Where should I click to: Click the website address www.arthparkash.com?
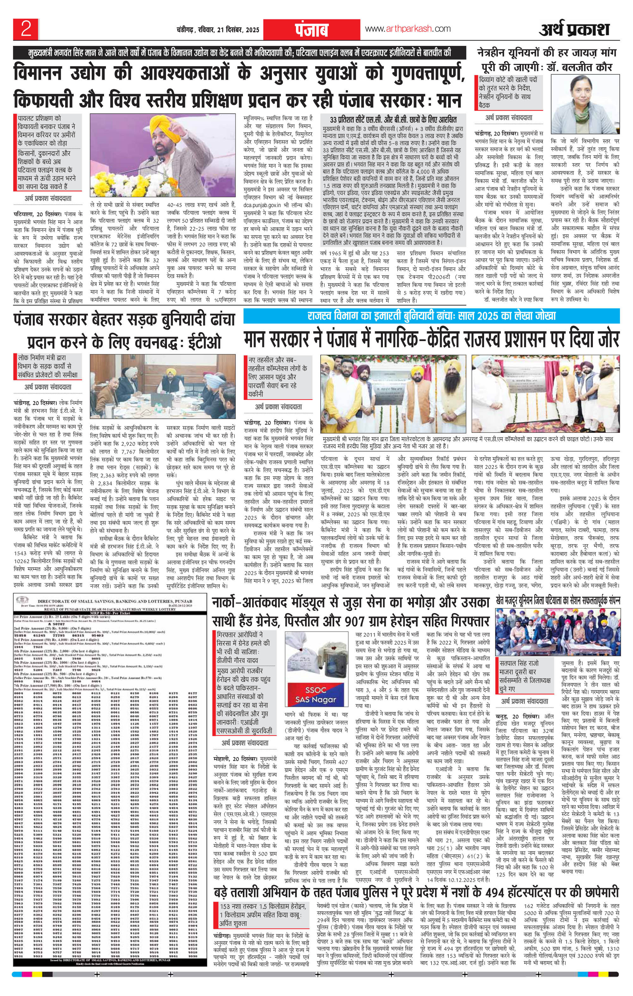pos(408,29)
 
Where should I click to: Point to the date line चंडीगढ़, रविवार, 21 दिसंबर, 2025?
pos(218,30)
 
